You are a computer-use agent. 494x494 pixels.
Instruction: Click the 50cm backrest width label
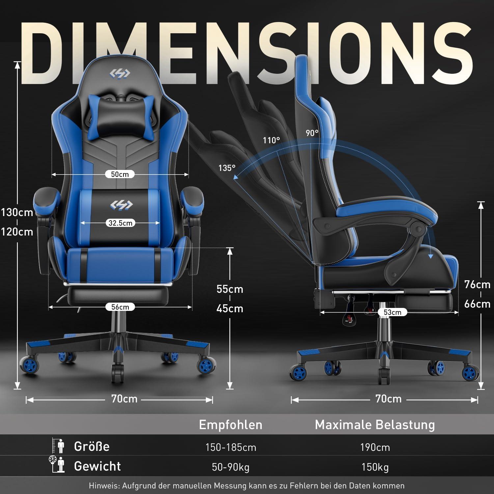click(x=120, y=174)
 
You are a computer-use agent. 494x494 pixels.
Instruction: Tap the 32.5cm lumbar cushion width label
click(x=121, y=223)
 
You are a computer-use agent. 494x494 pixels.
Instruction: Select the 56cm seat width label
click(x=120, y=307)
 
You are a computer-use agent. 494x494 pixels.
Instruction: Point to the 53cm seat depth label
click(x=392, y=312)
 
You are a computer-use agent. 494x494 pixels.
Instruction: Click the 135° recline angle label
click(x=227, y=168)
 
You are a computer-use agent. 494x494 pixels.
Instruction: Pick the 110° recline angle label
click(x=271, y=140)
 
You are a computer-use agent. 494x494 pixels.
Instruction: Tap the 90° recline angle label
click(x=312, y=133)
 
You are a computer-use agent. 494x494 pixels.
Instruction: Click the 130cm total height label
click(x=17, y=212)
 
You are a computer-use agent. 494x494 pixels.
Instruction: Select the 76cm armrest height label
click(x=477, y=284)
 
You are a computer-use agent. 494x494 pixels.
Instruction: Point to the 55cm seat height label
click(x=230, y=289)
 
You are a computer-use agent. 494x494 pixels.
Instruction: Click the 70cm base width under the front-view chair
click(x=124, y=399)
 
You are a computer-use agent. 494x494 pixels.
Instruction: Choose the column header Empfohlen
click(x=231, y=425)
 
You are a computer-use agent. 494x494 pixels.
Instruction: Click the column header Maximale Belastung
click(x=375, y=425)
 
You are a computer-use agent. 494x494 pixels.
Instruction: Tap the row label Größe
click(x=92, y=446)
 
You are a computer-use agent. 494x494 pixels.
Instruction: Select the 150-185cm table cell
click(x=231, y=447)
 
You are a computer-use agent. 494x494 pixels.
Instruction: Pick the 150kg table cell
click(x=375, y=467)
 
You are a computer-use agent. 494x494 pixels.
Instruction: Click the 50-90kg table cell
click(x=231, y=467)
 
